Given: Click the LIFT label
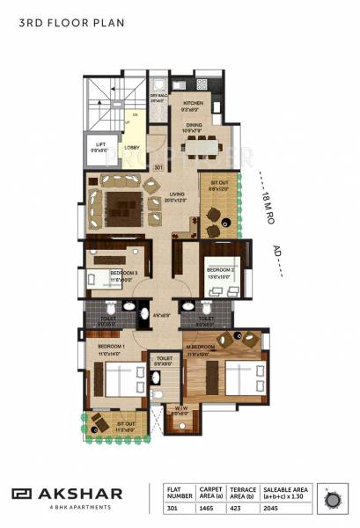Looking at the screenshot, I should [x=100, y=145].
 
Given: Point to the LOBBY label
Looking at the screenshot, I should [x=132, y=147].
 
